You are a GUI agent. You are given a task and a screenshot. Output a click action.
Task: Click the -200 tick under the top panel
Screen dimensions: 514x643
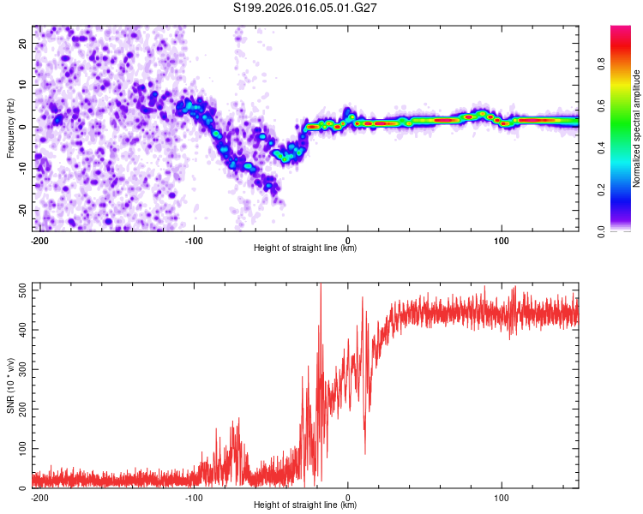[39, 239]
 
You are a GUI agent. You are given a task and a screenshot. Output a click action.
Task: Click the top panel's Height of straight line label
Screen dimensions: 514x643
[305, 248]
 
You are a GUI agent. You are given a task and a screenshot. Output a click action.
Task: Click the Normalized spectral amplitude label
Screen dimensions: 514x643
[637, 128]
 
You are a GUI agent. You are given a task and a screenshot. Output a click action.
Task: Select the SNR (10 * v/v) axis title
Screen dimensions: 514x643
[10, 385]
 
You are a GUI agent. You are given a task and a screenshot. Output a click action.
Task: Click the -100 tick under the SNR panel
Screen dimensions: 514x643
[194, 497]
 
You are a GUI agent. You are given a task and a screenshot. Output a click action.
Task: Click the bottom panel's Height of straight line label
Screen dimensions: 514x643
[305, 505]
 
